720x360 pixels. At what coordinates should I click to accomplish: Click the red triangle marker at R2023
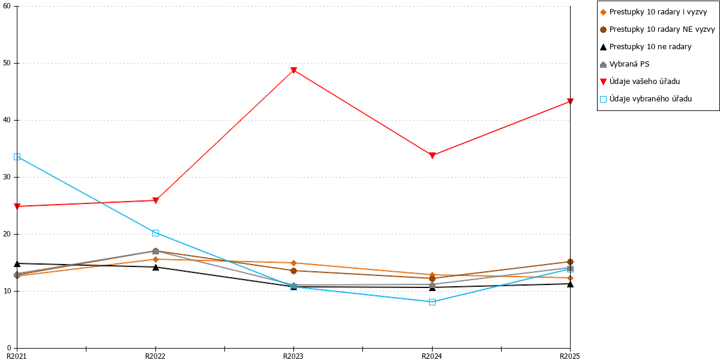[x=293, y=70]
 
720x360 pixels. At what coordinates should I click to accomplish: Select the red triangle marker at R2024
[x=433, y=155]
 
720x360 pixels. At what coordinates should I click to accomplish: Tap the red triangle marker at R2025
[x=570, y=101]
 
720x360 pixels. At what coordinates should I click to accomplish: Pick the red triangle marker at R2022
[x=155, y=200]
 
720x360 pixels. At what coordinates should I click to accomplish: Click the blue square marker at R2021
[x=17, y=157]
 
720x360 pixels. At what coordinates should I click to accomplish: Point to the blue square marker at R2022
[x=155, y=233]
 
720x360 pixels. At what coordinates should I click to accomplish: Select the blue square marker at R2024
[x=433, y=302]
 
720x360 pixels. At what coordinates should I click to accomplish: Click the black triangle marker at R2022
[x=155, y=267]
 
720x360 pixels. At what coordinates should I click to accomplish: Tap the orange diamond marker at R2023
[x=293, y=263]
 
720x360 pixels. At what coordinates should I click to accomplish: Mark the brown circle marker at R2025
[x=570, y=262]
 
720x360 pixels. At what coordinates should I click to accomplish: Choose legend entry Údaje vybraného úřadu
[x=646, y=99]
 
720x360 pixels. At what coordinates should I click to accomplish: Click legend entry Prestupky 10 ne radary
[x=646, y=47]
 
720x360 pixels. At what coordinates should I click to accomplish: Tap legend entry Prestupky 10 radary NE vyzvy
[x=658, y=29]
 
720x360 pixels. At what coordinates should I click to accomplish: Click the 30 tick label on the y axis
[x=7, y=177]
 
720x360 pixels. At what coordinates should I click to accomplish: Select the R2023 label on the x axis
[x=293, y=356]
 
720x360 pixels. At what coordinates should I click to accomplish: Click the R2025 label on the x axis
[x=570, y=356]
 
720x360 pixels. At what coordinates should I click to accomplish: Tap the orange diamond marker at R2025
[x=570, y=278]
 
